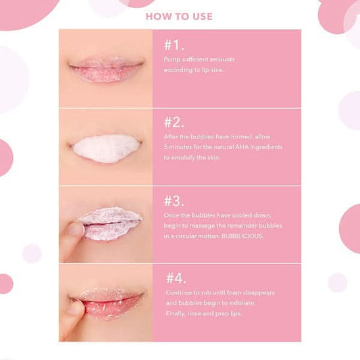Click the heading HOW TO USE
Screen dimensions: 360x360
(x=179, y=16)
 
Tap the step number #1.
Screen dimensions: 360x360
(x=174, y=45)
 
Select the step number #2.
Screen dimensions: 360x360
(x=174, y=122)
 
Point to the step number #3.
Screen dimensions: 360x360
(x=174, y=201)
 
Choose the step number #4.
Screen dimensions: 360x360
(x=176, y=278)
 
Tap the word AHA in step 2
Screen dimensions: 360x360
(x=242, y=147)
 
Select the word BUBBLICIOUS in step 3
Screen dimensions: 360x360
(x=242, y=236)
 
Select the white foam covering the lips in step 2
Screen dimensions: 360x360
(x=106, y=149)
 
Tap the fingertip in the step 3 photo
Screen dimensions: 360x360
(x=75, y=228)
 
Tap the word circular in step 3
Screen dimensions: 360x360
(x=186, y=236)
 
